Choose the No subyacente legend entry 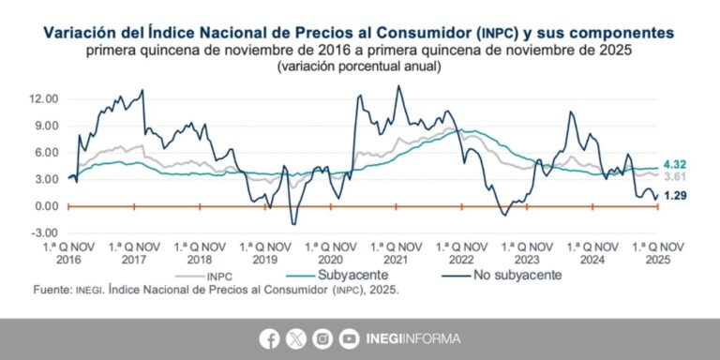point(514,275)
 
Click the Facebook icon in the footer point(270,338)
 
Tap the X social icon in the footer point(296,338)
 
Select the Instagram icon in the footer point(322,338)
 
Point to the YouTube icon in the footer point(349,338)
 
